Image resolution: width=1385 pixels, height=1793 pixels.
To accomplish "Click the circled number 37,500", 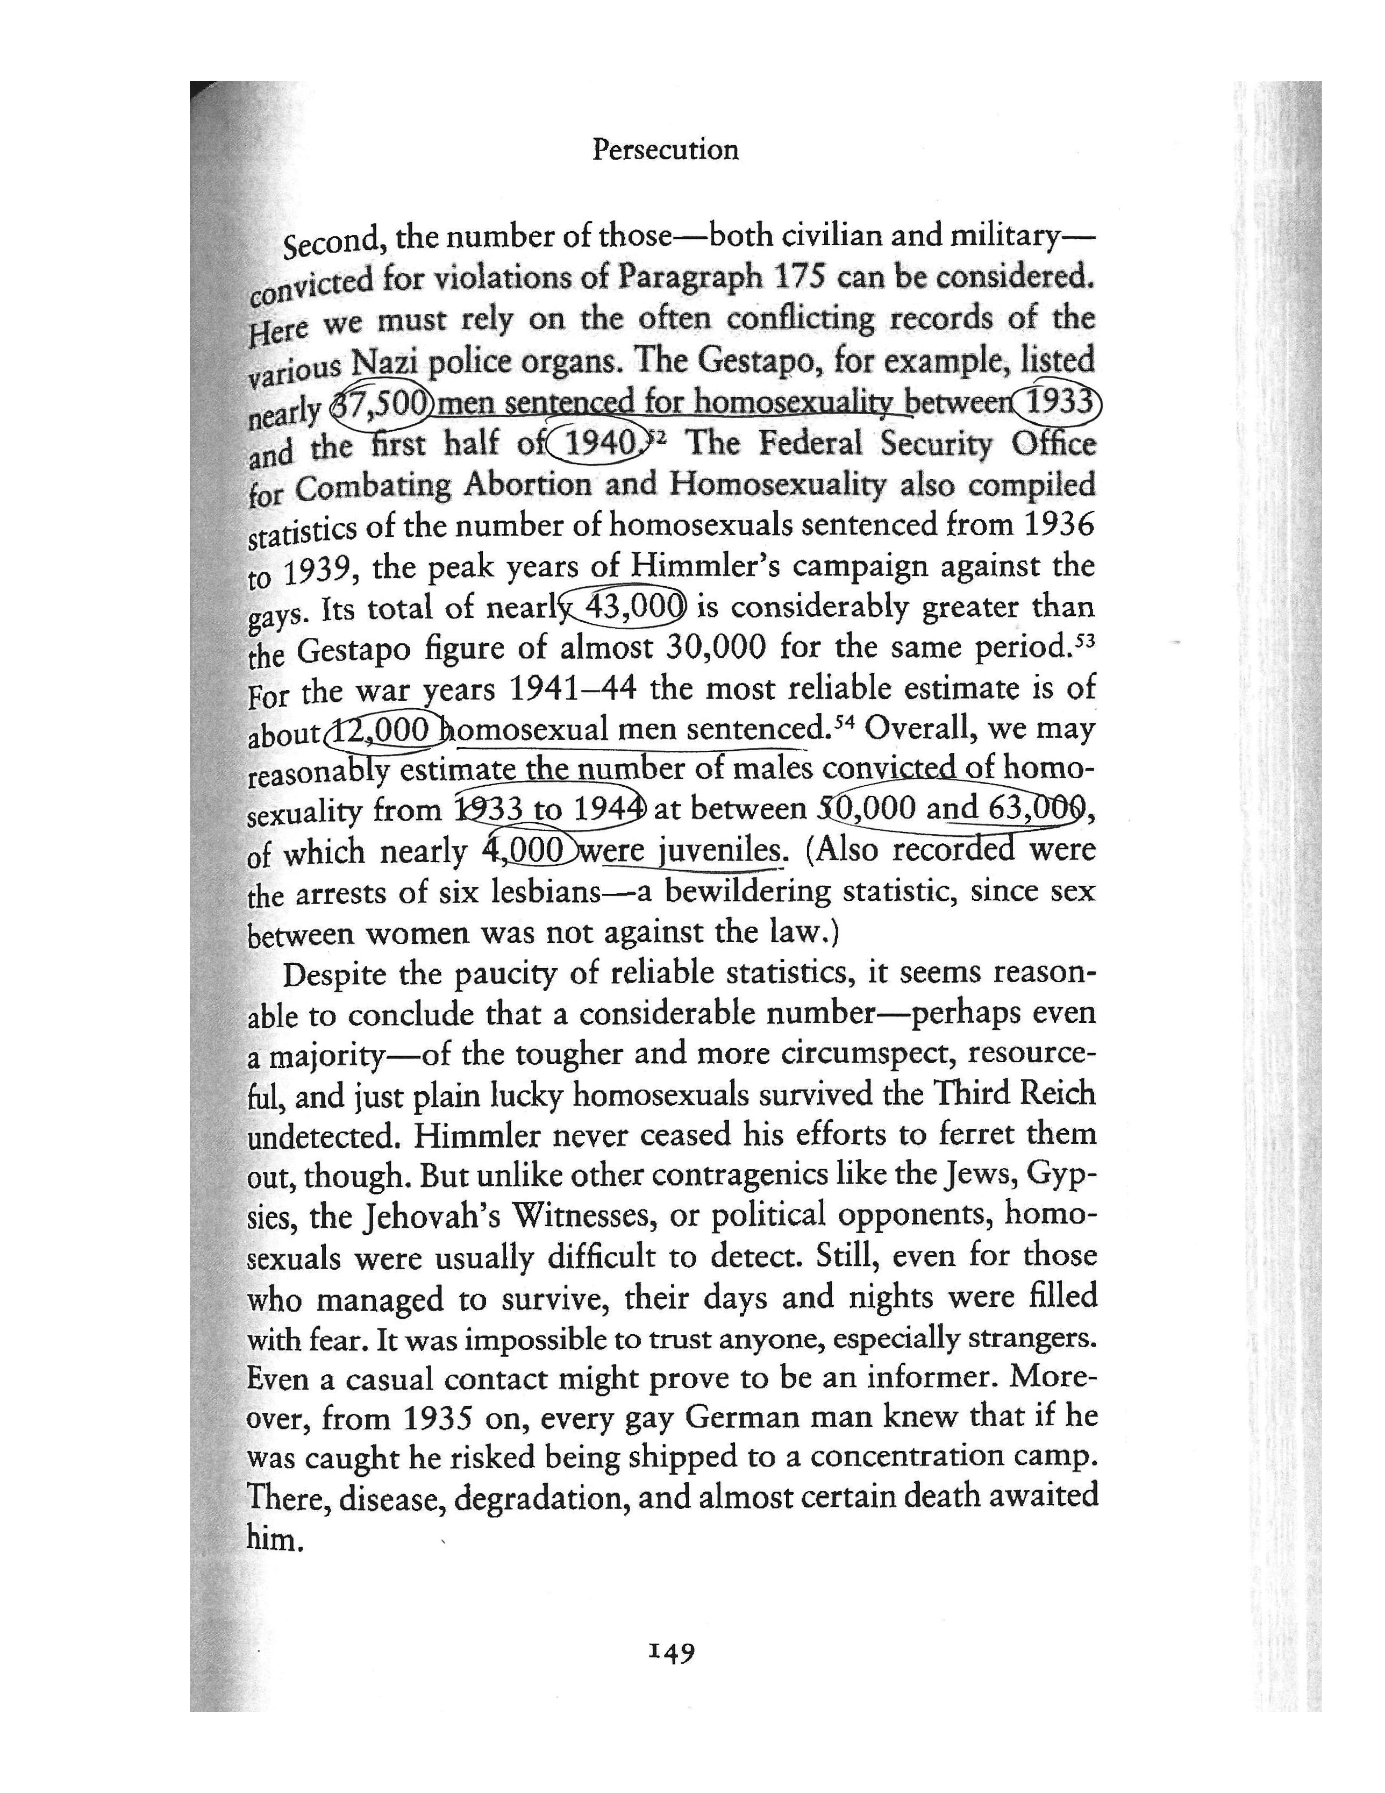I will pyautogui.click(x=382, y=402).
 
